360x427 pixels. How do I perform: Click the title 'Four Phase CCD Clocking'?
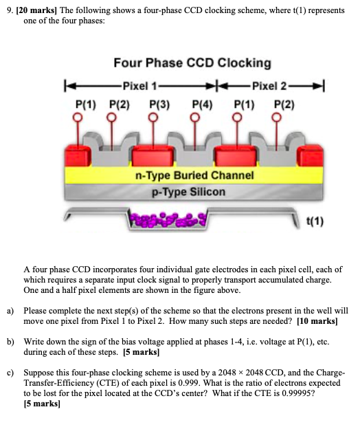[192, 63]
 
